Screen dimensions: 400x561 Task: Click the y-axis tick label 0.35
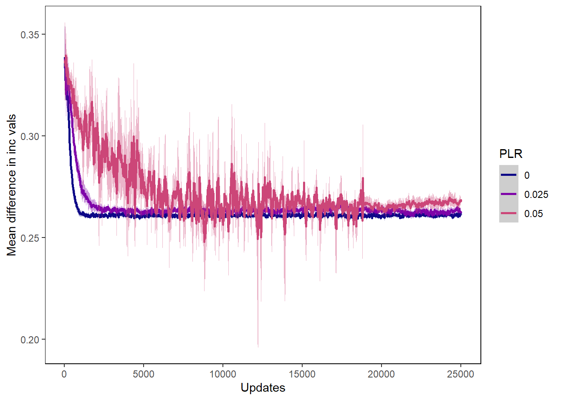coord(30,35)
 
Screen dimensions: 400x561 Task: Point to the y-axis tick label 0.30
coord(30,136)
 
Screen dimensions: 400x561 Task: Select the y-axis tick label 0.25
coord(30,238)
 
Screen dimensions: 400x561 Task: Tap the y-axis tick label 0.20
coord(30,340)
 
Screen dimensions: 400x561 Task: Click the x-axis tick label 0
coord(64,374)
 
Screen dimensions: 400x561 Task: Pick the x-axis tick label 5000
coord(143,374)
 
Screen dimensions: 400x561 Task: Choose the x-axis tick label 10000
coord(222,374)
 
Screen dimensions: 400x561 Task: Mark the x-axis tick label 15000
coord(302,374)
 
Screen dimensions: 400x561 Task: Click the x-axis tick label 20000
coord(381,374)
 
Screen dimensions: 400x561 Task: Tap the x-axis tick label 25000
coord(460,374)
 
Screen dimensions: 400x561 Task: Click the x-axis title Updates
coord(263,388)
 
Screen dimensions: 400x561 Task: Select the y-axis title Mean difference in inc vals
coord(12,185)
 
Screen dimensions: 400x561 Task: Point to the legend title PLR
coord(510,154)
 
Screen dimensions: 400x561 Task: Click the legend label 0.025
coord(536,195)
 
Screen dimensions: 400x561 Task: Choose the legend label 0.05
coord(533,214)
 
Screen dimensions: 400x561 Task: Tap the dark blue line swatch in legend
coord(508,175)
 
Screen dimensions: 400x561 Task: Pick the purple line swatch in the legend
coord(508,194)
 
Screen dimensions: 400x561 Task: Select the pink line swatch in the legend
coord(508,213)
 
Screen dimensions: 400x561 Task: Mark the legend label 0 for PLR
coord(527,175)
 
